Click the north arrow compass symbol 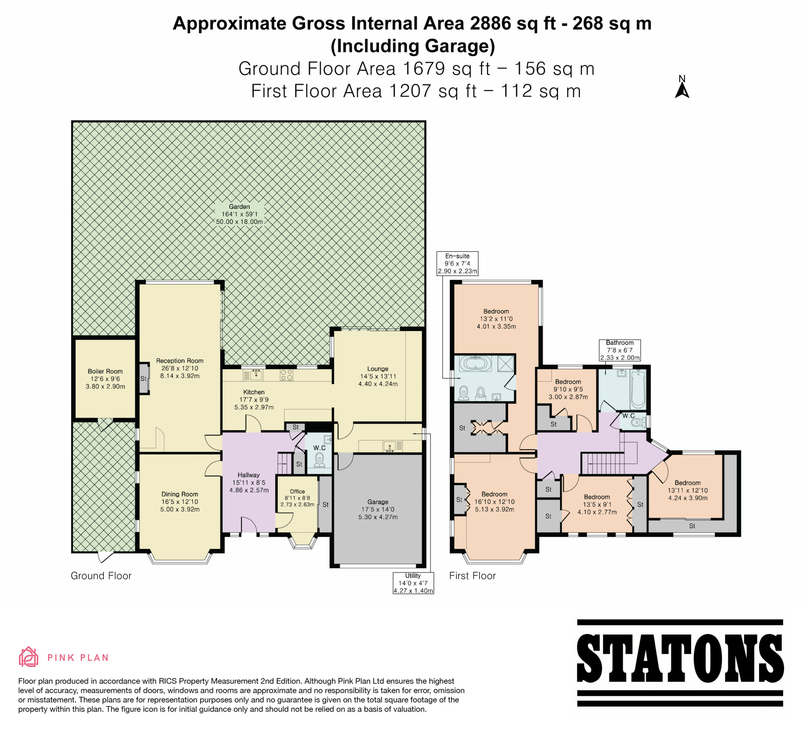682,87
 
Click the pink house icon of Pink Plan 28,657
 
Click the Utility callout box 413,583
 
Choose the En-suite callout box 457,263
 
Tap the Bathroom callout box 620,350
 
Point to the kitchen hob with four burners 286,374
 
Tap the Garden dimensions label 239,214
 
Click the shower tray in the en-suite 506,364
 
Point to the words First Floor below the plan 472,576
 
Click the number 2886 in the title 490,23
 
